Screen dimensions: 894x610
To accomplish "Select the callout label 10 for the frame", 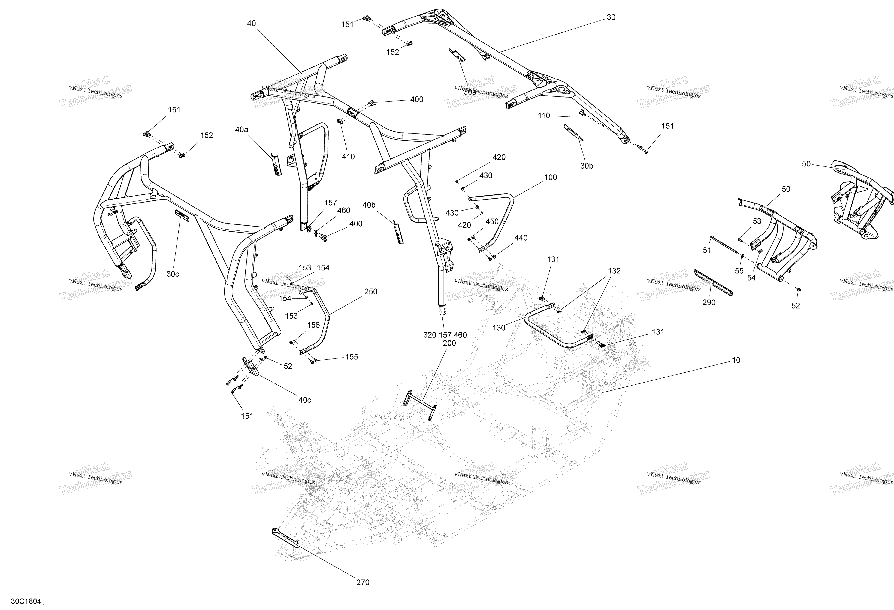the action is tap(736, 360).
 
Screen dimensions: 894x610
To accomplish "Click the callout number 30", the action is tap(611, 17).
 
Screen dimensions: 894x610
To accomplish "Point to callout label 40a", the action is tap(242, 130).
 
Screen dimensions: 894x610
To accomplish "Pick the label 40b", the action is tap(369, 205).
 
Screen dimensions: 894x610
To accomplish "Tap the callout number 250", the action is tap(371, 292).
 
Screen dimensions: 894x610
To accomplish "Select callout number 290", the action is tap(709, 303).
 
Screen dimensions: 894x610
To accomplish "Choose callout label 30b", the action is tap(587, 166).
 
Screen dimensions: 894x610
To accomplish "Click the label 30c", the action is tap(173, 274).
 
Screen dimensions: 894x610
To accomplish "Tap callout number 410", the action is tap(348, 157).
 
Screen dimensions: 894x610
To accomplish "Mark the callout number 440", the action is tap(521, 238).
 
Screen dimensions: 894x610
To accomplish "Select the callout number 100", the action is tap(551, 177).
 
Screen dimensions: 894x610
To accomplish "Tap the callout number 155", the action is tap(352, 357).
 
